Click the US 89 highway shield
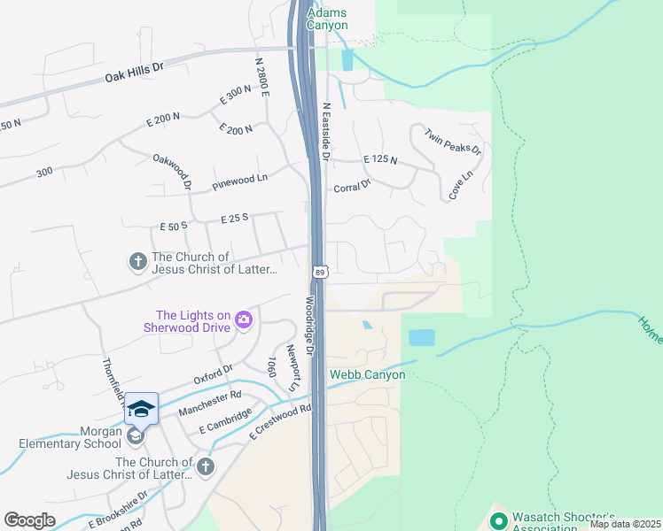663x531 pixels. pyautogui.click(x=320, y=270)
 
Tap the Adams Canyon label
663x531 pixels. pyautogui.click(x=327, y=19)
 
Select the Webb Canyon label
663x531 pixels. pyautogui.click(x=367, y=374)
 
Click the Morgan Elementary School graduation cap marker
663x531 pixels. pyautogui.click(x=141, y=409)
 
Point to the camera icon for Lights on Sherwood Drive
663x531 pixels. pyautogui.click(x=243, y=320)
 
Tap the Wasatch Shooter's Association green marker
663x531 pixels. pyautogui.click(x=497, y=521)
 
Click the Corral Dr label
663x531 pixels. pyautogui.click(x=352, y=188)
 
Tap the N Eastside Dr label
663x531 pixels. pyautogui.click(x=326, y=132)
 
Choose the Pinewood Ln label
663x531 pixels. pyautogui.click(x=239, y=183)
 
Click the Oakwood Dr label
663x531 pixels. pyautogui.click(x=173, y=171)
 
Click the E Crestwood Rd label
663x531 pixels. pyautogui.click(x=281, y=421)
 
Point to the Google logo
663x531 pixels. pyautogui.click(x=30, y=520)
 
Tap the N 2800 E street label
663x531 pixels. pyautogui.click(x=261, y=78)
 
